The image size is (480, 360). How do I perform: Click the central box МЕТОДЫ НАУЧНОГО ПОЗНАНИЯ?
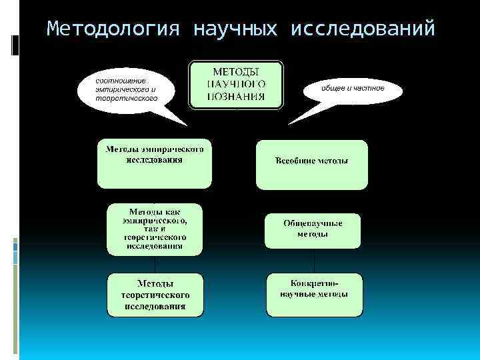pos(237,84)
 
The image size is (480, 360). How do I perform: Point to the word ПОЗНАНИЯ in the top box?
pos(237,97)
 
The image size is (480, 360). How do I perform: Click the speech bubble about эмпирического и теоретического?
pos(127,89)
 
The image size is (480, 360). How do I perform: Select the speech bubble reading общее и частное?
pos(353,89)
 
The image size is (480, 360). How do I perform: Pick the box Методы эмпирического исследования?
pos(155,163)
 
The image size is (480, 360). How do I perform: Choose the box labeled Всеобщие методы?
pos(311,164)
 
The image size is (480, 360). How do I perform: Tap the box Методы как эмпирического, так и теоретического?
pos(155,229)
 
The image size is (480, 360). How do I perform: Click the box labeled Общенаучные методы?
pos(313,230)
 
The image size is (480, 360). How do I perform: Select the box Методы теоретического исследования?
pos(155,294)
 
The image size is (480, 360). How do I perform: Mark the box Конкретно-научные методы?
pos(314,294)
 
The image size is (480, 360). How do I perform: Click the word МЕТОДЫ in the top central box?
pos(237,71)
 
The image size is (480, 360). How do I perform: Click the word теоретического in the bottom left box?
pos(155,295)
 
